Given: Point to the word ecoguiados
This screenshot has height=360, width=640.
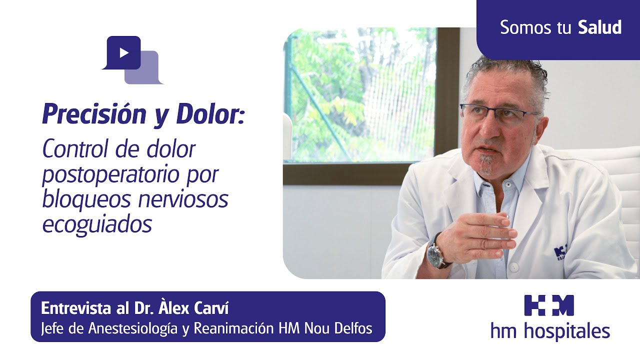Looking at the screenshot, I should click(x=96, y=224).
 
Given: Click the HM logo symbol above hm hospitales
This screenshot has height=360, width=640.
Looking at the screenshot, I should click(x=549, y=305).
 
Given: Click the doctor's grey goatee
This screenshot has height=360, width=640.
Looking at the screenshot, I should click(x=485, y=164).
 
